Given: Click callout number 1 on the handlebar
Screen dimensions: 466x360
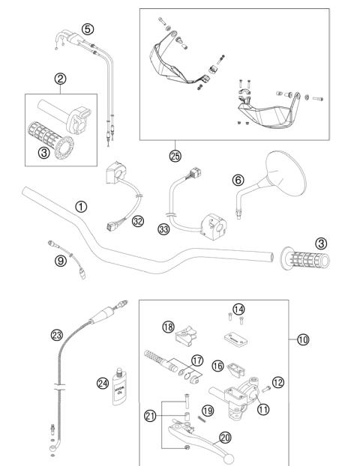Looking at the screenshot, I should tap(81, 205).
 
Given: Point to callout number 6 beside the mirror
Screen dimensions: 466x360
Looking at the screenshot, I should tap(237, 181).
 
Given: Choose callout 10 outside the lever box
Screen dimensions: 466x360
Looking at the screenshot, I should tap(301, 339).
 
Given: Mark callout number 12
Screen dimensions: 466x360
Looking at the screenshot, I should tap(277, 383).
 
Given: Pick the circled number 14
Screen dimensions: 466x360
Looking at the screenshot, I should tap(238, 309).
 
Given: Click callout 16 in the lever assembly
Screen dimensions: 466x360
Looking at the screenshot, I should tap(217, 366).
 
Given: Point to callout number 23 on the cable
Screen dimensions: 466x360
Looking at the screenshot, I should tap(55, 336).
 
